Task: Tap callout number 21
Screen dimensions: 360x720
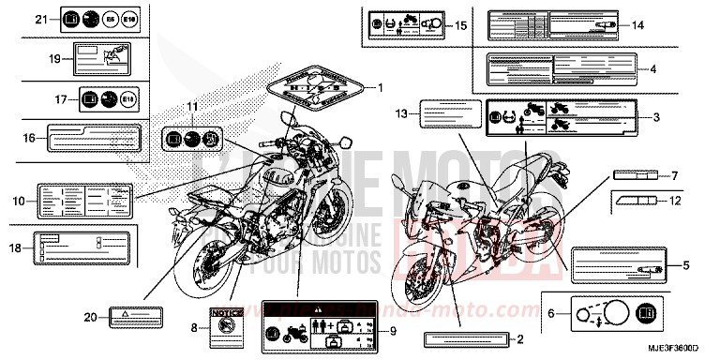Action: click(x=40, y=19)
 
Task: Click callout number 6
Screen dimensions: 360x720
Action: click(x=549, y=315)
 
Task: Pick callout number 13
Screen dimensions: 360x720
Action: click(x=399, y=113)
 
